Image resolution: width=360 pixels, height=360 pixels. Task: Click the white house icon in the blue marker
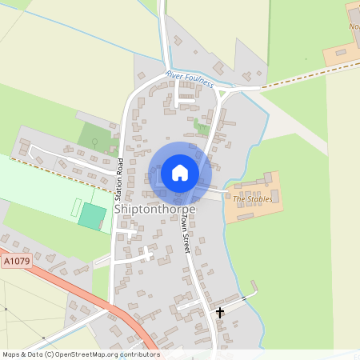pos(180,172)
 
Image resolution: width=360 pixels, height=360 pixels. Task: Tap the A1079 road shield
pos(15,261)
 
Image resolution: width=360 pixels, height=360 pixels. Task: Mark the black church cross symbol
pos(220,312)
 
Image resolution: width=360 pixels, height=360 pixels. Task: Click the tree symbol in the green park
pos(96,142)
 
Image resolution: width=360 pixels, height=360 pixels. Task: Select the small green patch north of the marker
pos(200,126)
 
